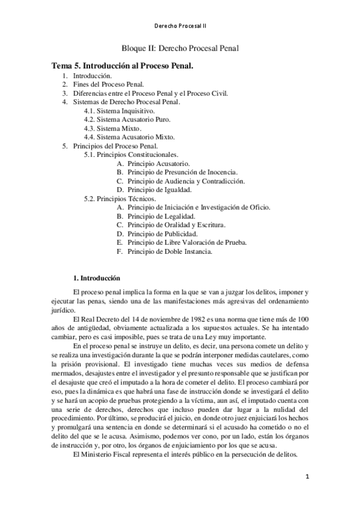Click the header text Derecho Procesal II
point(180,26)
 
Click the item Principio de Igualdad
point(159,189)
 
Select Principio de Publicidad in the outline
point(162,233)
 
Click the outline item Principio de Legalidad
point(161,216)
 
